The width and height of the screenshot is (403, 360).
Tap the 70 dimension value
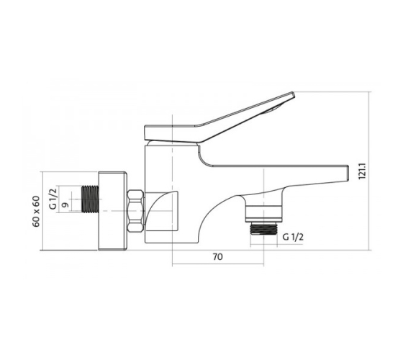point(217,256)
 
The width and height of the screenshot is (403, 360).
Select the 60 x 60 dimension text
point(36,212)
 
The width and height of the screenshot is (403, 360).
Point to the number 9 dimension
point(65,205)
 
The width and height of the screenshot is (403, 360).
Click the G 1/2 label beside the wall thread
point(53,199)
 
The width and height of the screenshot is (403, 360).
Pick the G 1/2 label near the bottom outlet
point(293,237)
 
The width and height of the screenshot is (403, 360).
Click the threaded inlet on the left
point(90,199)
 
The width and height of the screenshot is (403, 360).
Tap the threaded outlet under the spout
point(263,229)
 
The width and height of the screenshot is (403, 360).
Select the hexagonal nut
point(135,212)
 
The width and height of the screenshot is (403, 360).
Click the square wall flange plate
point(112,211)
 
